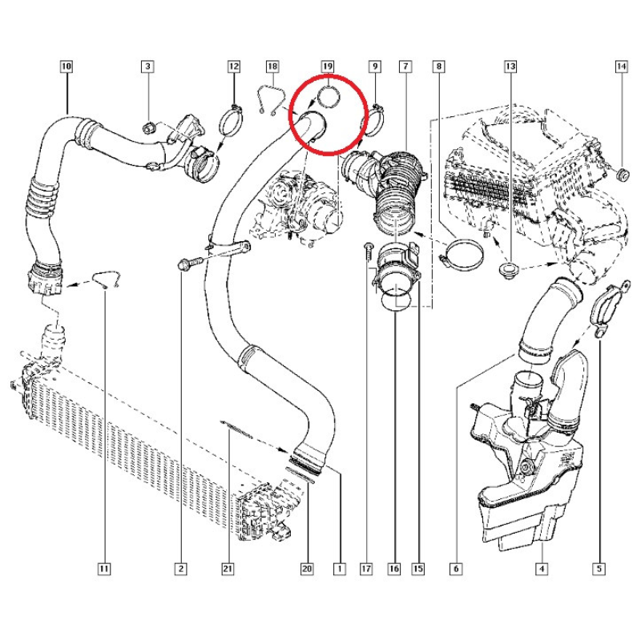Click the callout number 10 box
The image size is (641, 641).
(66, 67)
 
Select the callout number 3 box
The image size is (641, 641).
(147, 67)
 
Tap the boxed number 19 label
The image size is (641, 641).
(328, 67)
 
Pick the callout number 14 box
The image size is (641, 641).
(622, 67)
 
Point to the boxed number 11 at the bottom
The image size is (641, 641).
(104, 569)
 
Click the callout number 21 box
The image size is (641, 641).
(228, 569)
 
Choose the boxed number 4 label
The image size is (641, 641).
(542, 569)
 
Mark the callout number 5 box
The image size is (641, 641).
(599, 569)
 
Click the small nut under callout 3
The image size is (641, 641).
(148, 128)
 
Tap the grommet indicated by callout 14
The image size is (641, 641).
(622, 175)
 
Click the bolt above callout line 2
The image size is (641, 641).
(191, 263)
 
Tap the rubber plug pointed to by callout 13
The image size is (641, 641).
(509, 271)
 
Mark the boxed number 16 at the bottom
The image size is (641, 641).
(394, 569)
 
